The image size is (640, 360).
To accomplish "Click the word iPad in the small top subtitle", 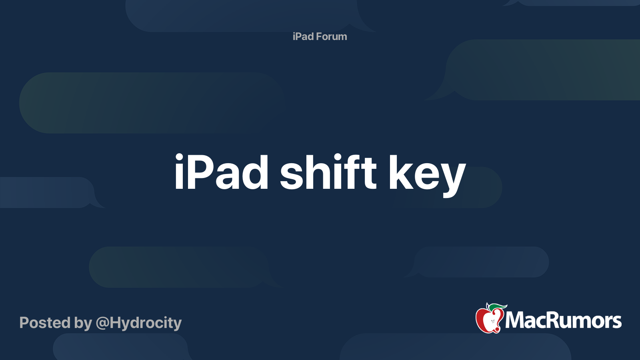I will [x=303, y=36].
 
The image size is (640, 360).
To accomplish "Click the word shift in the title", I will [x=328, y=172].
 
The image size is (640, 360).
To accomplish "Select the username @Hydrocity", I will [x=139, y=323].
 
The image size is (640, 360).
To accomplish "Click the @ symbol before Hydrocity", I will [x=102, y=323].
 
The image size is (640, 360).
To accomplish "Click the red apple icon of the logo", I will [x=489, y=320].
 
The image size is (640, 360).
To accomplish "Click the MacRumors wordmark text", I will [x=563, y=320].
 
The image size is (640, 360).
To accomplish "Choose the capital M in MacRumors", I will [x=514, y=320].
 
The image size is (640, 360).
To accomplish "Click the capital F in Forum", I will [x=319, y=36].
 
